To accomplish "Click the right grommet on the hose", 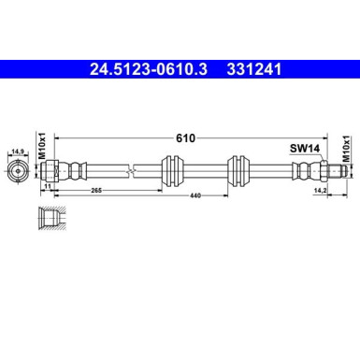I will click(238, 172).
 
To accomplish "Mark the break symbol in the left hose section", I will click(135, 172).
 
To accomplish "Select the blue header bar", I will click(180, 69).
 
